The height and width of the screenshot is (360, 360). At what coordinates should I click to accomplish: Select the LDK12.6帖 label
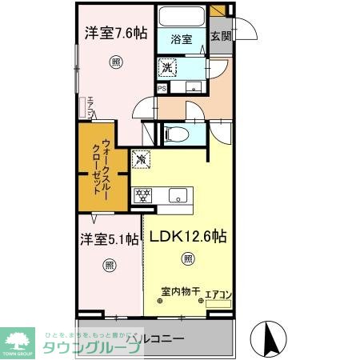[x=186, y=238]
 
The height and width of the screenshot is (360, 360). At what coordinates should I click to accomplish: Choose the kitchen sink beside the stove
[x=177, y=195]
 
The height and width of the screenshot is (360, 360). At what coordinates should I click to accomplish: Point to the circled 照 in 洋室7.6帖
[x=116, y=61]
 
